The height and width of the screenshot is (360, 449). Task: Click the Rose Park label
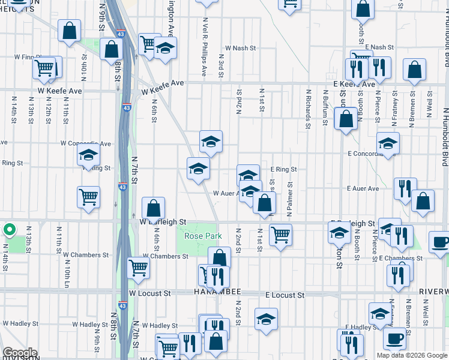203,236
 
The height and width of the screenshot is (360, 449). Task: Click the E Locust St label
285,295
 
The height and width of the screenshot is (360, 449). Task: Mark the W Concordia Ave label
85,143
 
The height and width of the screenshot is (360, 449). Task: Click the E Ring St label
283,169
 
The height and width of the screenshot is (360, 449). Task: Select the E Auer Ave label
363,188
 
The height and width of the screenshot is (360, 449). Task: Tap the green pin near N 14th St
10,229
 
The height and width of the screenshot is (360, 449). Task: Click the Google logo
19,352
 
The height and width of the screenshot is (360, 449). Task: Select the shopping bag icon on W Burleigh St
154,208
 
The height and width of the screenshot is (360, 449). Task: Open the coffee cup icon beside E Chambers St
440,242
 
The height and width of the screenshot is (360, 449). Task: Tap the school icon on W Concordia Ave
88,155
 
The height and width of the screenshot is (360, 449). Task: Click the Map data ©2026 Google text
412,355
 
